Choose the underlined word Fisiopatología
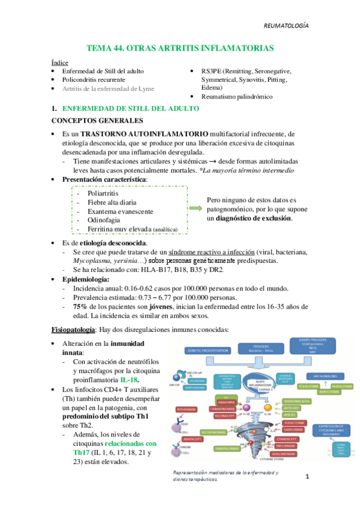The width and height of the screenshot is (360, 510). [73, 330]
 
